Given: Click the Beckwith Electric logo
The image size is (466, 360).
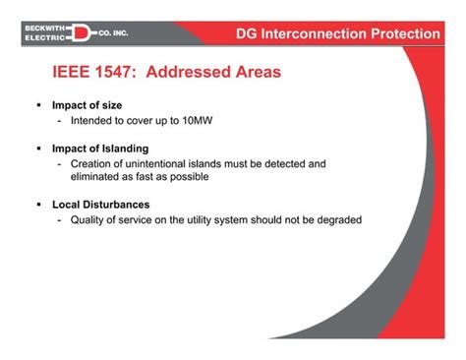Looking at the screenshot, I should (75, 34).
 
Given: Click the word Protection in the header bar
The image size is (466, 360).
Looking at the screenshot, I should (402, 34).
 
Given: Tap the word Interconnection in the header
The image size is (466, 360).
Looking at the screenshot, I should (312, 34).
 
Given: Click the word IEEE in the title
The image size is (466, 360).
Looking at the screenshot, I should (72, 72).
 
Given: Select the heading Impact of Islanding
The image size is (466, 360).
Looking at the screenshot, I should (99, 149).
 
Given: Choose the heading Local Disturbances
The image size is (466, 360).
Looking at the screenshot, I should (100, 205).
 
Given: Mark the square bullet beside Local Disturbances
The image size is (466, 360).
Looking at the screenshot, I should (37, 205).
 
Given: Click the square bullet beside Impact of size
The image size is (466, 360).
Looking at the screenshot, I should (37, 105).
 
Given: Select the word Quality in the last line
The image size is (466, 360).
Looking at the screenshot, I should (89, 219).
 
